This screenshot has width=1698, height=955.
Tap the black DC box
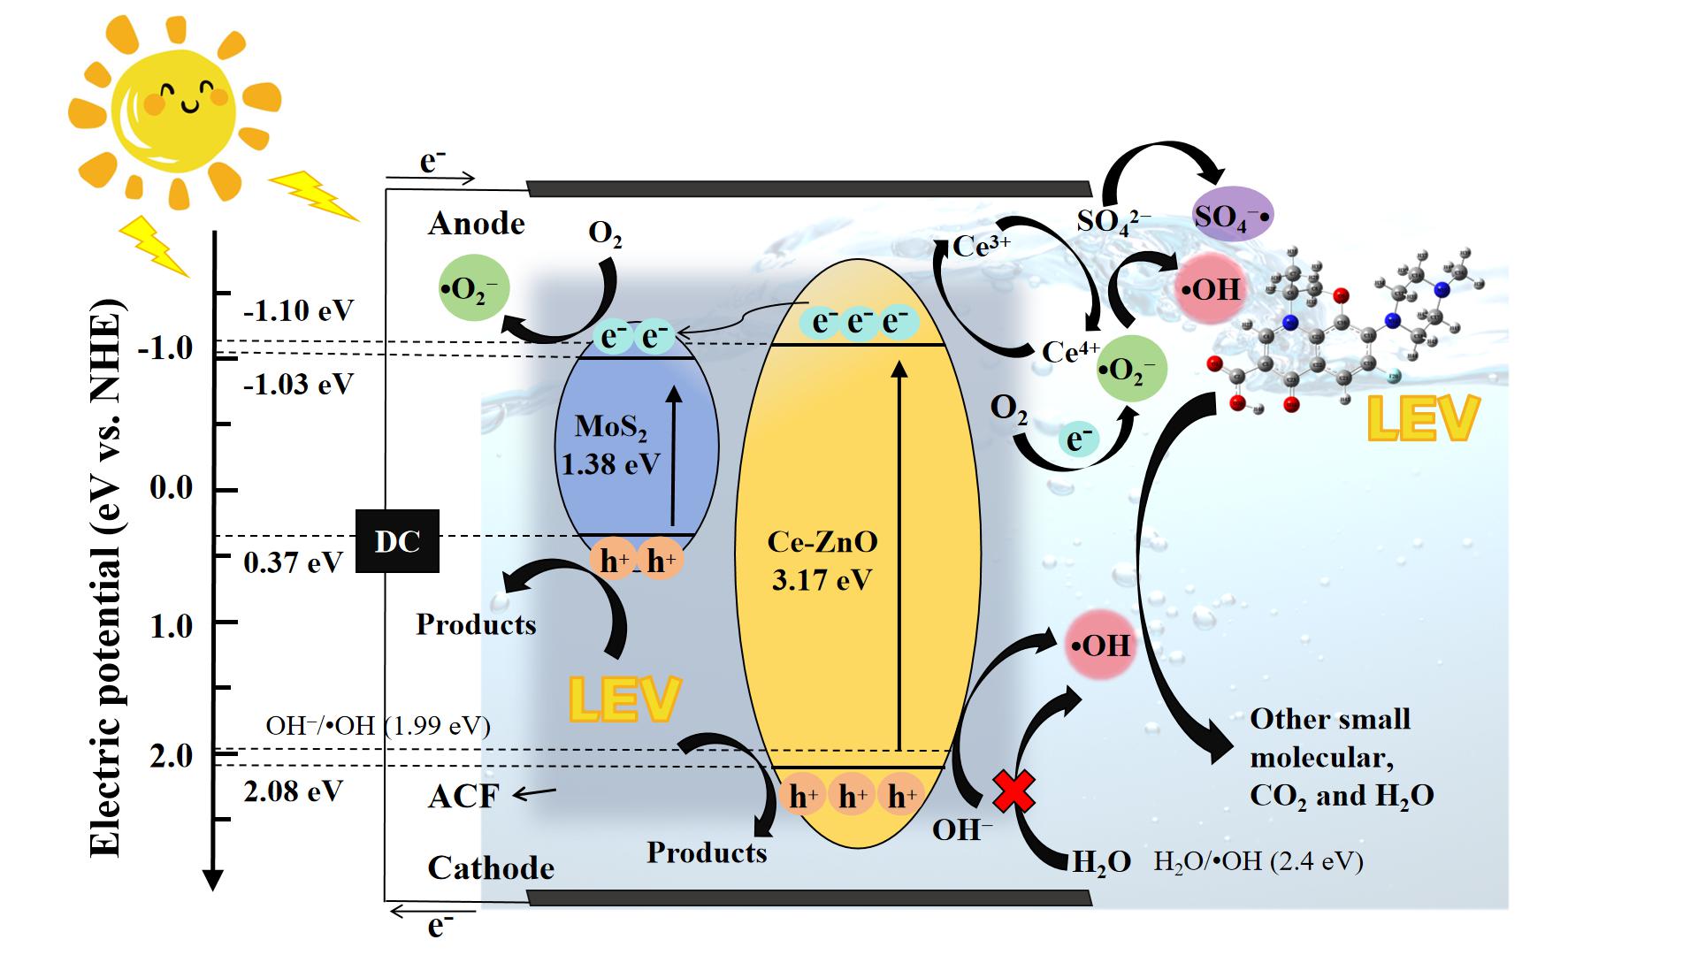(x=397, y=541)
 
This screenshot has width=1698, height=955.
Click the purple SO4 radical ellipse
(x=1233, y=215)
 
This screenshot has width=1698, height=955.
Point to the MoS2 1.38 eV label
(x=610, y=445)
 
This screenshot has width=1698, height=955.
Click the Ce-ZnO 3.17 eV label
(x=822, y=561)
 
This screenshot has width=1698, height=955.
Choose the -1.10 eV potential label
(x=298, y=310)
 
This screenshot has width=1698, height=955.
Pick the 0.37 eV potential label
(x=293, y=562)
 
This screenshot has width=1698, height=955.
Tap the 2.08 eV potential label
(x=293, y=791)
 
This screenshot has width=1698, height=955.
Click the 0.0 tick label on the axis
(x=171, y=488)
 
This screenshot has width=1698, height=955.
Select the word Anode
(x=476, y=224)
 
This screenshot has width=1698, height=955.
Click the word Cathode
(x=491, y=867)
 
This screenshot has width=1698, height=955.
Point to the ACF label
(x=463, y=797)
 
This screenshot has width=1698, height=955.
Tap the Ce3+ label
(x=982, y=246)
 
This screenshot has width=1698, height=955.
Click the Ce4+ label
(x=1070, y=352)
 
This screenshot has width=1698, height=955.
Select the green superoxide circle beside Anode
(x=474, y=288)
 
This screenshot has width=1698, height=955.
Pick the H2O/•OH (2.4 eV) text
(x=1258, y=861)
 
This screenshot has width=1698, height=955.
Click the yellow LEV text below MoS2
(x=624, y=699)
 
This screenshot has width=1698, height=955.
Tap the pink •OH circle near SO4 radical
(x=1209, y=288)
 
